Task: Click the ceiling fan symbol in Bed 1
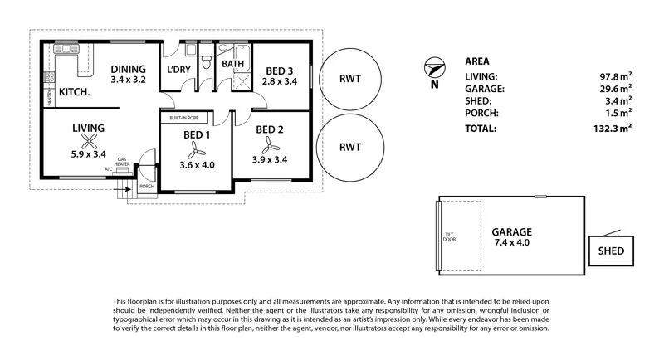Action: click(x=197, y=149)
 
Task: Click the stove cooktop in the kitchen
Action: click(x=49, y=80)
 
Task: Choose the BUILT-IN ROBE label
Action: click(x=186, y=119)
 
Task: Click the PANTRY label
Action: click(x=49, y=100)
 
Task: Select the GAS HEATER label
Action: click(x=122, y=161)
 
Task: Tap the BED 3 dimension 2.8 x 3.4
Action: click(x=279, y=81)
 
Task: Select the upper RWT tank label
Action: click(x=350, y=80)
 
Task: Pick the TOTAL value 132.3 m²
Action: click(x=613, y=128)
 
